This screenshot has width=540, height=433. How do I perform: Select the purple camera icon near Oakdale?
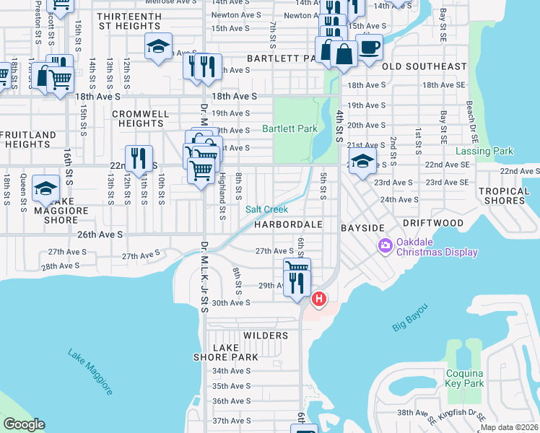tap(385, 247)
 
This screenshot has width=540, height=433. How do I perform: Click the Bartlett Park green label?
tap(289, 129)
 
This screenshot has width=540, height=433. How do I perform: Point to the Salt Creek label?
tap(266, 209)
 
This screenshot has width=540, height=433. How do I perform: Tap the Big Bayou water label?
tap(410, 318)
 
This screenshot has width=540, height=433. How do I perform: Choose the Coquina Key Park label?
tap(463, 378)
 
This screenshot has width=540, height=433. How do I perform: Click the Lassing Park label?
tap(484, 152)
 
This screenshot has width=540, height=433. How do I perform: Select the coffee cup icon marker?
tap(370, 48)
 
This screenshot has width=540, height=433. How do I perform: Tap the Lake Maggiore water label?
tap(90, 372)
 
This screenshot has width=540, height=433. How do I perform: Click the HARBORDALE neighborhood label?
tap(287, 225)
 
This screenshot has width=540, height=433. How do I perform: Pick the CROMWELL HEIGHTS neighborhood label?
tap(141, 118)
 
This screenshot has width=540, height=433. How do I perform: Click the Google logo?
tap(24, 424)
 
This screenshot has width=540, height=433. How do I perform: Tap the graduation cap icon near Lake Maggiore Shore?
tap(45, 188)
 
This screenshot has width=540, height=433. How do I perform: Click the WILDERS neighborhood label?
tap(266, 336)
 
